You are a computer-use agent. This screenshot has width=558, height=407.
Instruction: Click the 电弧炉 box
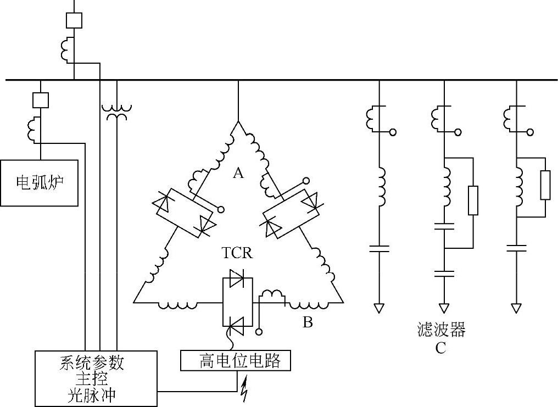tap(39, 182)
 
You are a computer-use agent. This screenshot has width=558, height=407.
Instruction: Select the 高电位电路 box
tap(235, 361)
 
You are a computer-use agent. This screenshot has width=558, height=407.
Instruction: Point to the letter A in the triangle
tap(237, 174)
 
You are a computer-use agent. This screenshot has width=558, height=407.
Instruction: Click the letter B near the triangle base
tap(308, 322)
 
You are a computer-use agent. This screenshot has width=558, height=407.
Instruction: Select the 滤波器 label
tap(441, 330)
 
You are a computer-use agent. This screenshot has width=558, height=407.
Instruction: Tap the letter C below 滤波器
tap(440, 348)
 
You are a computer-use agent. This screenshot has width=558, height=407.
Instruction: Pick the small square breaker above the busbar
tap(74, 20)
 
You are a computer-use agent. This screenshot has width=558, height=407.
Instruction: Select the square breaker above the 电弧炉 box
tap(41, 100)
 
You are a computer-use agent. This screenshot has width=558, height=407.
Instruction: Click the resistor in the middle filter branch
tap(472, 200)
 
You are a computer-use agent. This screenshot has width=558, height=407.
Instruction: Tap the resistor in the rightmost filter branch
tap(545, 185)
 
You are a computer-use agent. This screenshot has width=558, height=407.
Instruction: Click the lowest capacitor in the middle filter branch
tap(444, 273)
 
